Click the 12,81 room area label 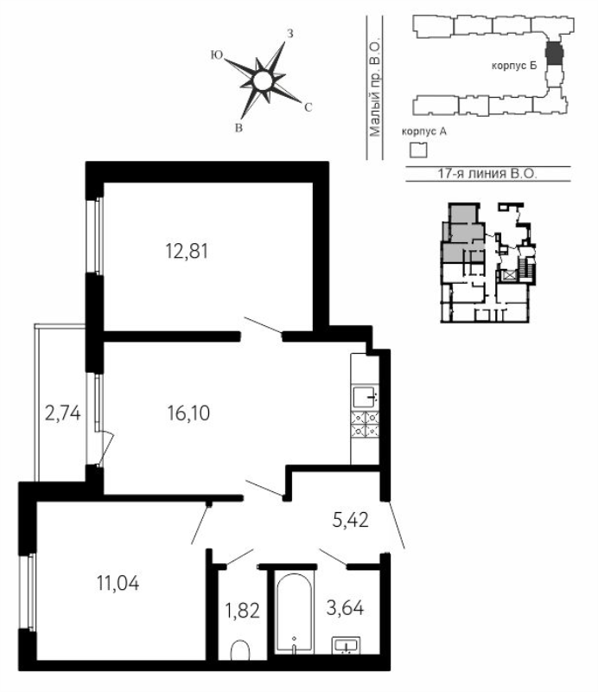[x=187, y=252]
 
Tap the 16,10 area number [x=188, y=413]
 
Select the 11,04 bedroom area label [x=118, y=583]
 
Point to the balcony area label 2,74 [x=63, y=413]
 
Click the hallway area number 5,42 [x=351, y=521]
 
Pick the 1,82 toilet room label [x=243, y=612]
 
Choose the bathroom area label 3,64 [x=346, y=608]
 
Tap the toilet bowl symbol [x=240, y=650]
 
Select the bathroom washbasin [x=347, y=645]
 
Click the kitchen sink [x=366, y=396]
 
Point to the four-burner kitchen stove [x=366, y=424]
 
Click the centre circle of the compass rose [x=263, y=80]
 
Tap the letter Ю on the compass [x=217, y=54]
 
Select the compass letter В [x=239, y=128]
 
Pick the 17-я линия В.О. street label [x=487, y=174]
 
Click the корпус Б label [x=514, y=67]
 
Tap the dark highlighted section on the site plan [x=554, y=53]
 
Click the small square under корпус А [x=418, y=150]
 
